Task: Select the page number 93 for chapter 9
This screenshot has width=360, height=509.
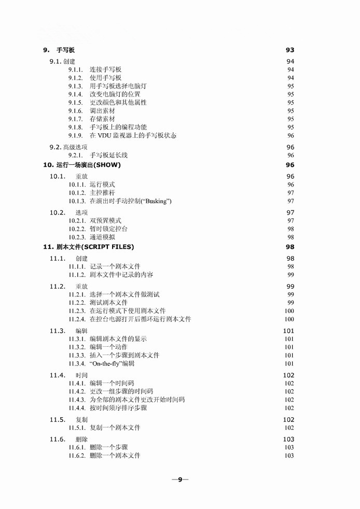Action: coord(290,50)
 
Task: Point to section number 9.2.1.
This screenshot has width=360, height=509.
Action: coord(76,155)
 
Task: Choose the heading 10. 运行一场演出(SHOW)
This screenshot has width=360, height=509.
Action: coord(81,165)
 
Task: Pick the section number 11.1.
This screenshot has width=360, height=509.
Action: coord(57,258)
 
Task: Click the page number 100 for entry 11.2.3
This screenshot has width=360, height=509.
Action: coord(289,311)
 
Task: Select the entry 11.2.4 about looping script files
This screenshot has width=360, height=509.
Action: coord(140,319)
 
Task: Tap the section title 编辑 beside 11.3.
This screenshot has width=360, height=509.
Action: coord(81,331)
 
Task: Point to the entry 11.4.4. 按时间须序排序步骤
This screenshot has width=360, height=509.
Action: coord(118,408)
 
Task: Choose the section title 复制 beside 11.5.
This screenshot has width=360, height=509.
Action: coord(81,419)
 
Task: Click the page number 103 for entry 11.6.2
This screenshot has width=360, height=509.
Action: coord(289,456)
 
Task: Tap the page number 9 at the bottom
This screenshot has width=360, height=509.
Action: coord(180,479)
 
